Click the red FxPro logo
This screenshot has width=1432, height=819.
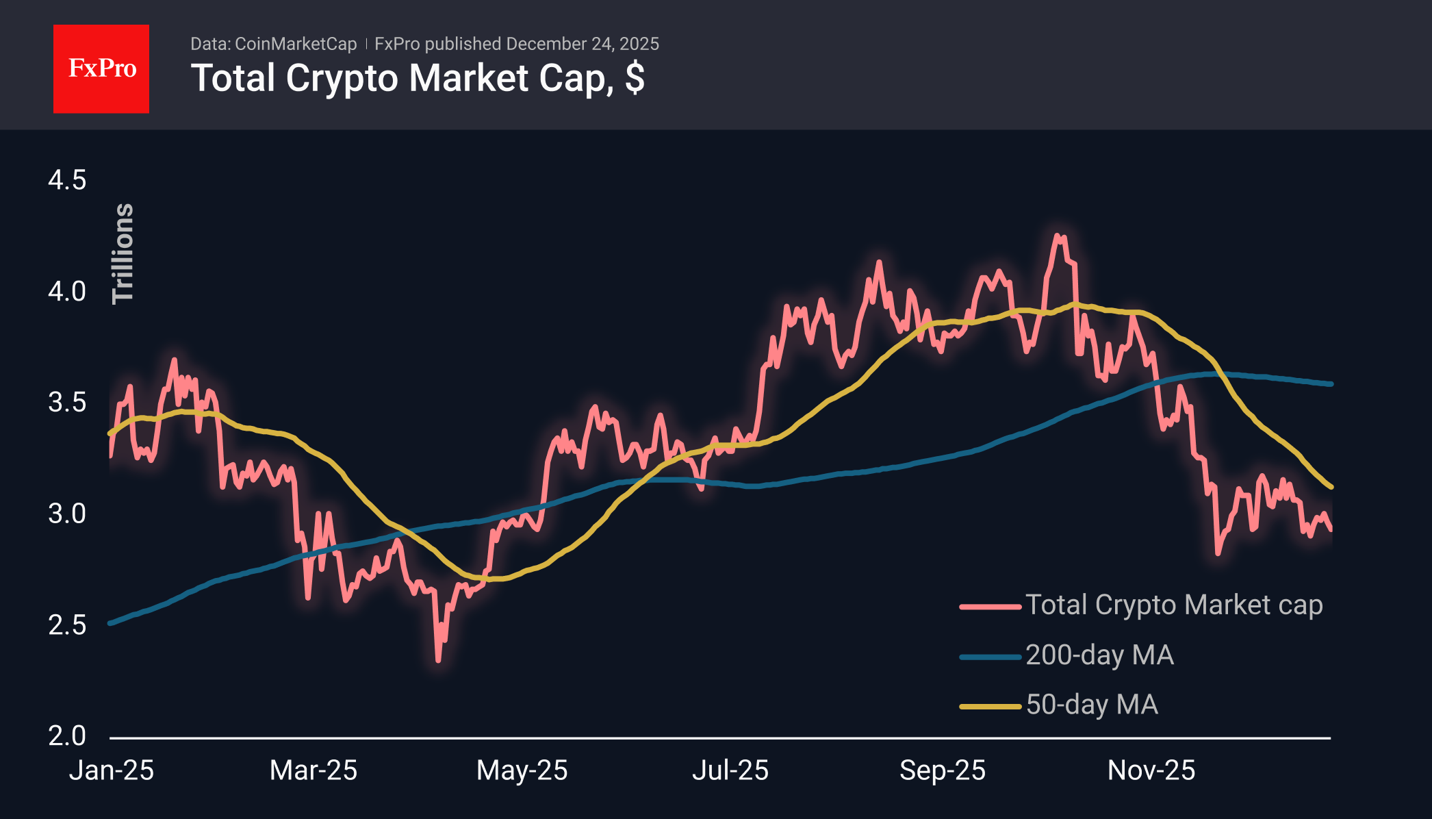[x=101, y=68]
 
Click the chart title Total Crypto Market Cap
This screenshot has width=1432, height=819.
[x=417, y=78]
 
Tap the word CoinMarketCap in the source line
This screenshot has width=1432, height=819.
[x=296, y=44]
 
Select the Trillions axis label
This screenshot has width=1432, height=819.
[x=123, y=253]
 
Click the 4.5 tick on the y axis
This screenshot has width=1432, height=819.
[x=67, y=180]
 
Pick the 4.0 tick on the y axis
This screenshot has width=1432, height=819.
[x=67, y=291]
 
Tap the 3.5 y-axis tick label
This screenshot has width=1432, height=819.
[x=67, y=402]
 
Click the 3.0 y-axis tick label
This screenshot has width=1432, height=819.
[x=67, y=513]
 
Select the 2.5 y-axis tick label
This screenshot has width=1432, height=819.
[x=67, y=625]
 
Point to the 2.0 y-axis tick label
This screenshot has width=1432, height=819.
[x=67, y=735]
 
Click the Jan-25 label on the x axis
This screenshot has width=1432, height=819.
[x=112, y=770]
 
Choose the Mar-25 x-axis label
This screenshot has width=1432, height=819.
[x=314, y=770]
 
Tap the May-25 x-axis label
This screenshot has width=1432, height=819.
[x=522, y=770]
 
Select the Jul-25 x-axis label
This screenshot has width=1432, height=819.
[x=730, y=770]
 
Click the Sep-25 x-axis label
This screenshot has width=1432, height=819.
[x=943, y=770]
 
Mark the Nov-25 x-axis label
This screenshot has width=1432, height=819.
[x=1151, y=770]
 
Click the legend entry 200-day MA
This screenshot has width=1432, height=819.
[x=1099, y=655]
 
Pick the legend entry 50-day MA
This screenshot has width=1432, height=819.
[x=1092, y=705]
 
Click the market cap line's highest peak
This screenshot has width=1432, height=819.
[x=1058, y=236]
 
